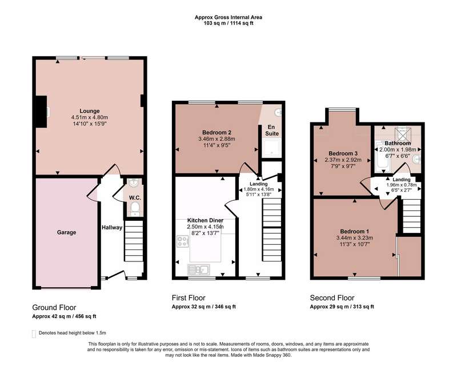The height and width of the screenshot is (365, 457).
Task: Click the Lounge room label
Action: point(90,111)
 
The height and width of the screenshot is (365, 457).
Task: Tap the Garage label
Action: point(66,232)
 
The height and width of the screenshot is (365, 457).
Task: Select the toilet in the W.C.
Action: point(135,209)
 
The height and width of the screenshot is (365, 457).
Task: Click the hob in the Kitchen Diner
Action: point(183,241)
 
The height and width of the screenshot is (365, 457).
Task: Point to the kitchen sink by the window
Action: point(198,269)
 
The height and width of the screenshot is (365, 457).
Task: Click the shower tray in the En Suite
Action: point(272,148)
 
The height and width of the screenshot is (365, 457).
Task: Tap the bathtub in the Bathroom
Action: point(382,157)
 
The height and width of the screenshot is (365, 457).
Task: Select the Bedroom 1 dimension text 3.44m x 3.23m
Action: point(354,238)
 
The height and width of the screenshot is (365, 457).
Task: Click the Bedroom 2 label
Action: point(217,133)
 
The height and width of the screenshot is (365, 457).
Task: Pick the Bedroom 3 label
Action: point(343,153)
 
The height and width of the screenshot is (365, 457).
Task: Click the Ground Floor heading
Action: point(54,307)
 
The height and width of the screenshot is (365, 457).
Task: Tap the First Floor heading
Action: point(189,298)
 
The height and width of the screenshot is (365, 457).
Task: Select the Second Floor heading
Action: point(332,298)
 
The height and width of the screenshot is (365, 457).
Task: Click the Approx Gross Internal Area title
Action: point(228,17)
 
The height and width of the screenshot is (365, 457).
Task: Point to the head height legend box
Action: point(34,334)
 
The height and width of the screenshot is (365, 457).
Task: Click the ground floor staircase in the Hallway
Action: point(134,241)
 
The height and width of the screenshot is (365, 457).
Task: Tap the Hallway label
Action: point(112,228)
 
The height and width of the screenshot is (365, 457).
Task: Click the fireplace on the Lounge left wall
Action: point(41,112)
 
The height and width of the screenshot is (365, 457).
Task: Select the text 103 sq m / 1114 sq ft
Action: point(228,23)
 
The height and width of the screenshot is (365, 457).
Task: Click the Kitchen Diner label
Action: point(205,220)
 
